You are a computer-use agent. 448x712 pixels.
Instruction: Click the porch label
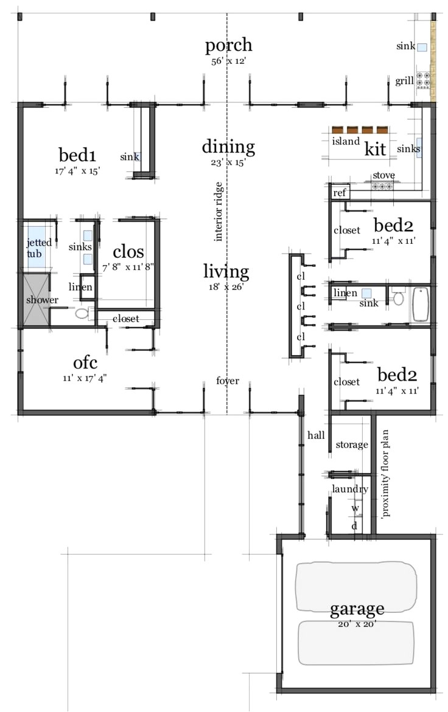(x=228, y=46)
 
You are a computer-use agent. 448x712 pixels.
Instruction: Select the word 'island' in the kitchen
(x=345, y=141)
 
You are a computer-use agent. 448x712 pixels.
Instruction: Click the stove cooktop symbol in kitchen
(x=382, y=185)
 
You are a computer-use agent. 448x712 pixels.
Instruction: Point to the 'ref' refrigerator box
(x=339, y=193)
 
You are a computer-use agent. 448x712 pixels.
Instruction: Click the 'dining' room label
(x=228, y=147)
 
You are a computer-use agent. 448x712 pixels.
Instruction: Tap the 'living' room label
(x=226, y=272)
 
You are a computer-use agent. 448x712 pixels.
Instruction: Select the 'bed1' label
(x=77, y=155)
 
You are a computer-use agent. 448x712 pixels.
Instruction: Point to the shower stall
(x=35, y=299)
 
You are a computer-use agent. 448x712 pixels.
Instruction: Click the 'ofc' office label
(x=85, y=362)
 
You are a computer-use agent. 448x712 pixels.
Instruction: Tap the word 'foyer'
(x=228, y=381)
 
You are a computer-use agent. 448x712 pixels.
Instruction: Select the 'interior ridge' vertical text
(x=219, y=212)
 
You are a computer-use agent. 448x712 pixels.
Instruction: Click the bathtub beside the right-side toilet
(x=421, y=304)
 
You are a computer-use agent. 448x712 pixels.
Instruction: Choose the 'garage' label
(x=357, y=609)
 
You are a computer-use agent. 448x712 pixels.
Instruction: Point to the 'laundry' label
(x=350, y=489)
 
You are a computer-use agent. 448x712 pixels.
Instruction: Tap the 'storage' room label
(x=352, y=444)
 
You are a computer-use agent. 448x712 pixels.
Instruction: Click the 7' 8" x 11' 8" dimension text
(x=128, y=268)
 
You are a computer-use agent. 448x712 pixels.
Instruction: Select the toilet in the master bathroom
(x=82, y=313)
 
